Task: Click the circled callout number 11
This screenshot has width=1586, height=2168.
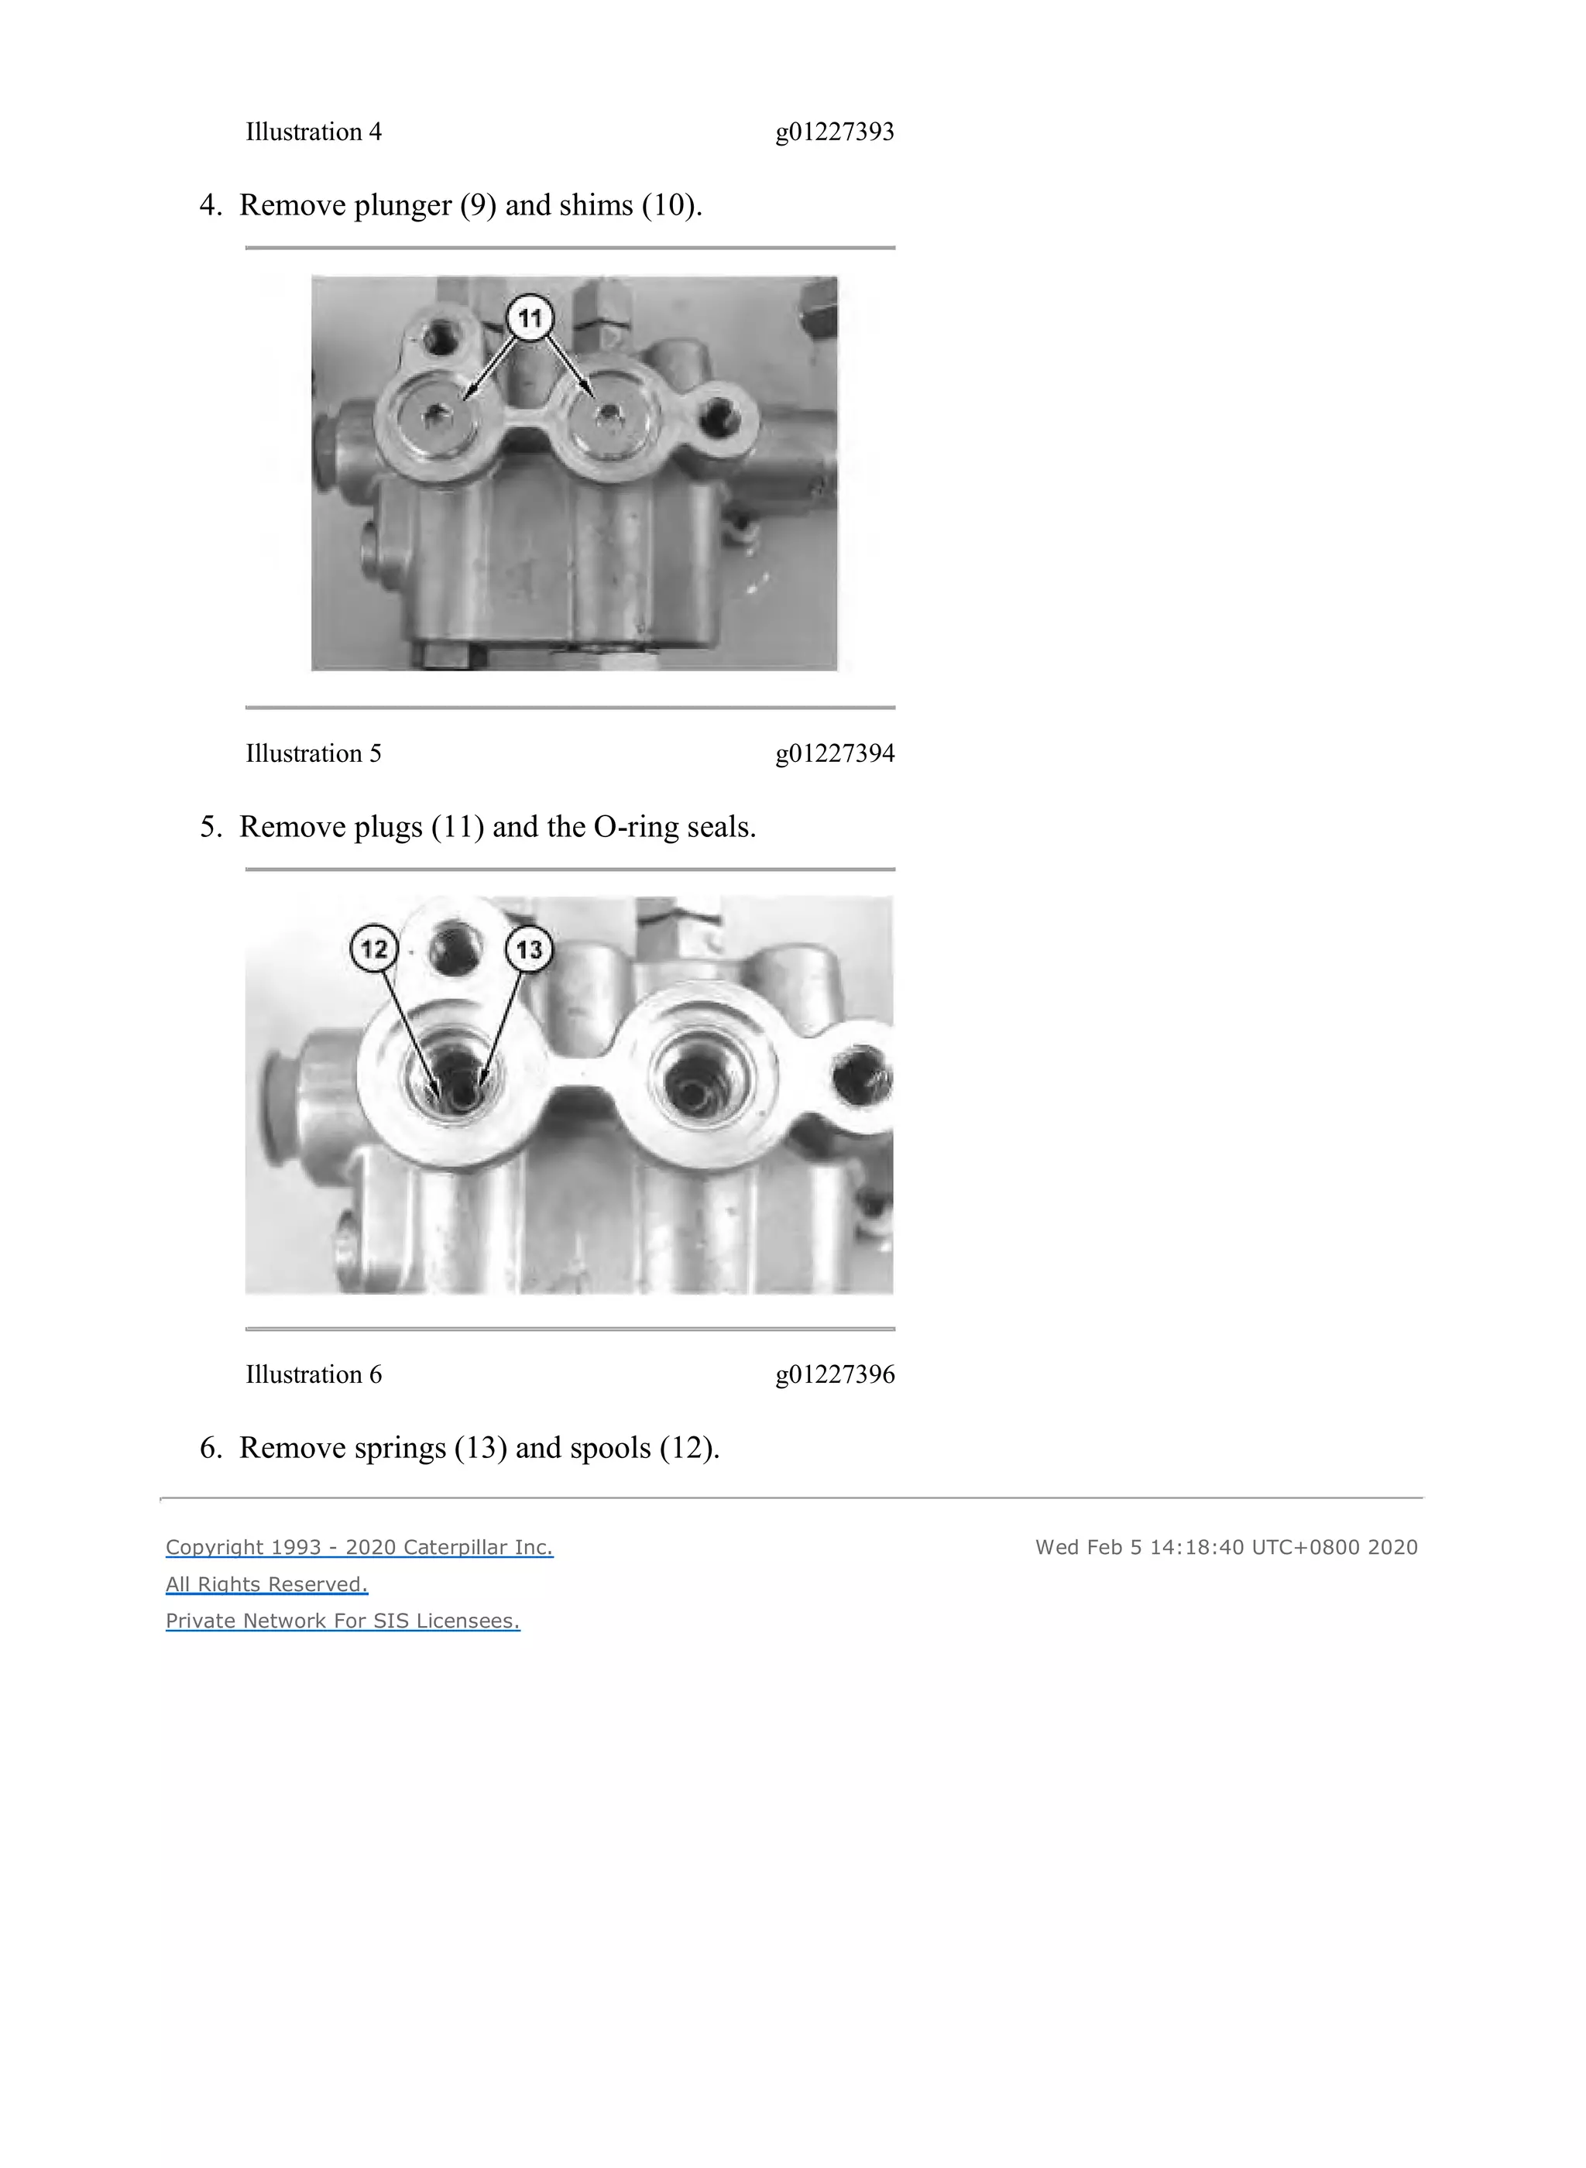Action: click(530, 317)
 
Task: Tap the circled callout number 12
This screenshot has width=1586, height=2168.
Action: click(373, 949)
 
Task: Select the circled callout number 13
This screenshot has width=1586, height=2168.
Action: click(529, 950)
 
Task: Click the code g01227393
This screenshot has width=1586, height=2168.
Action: click(834, 132)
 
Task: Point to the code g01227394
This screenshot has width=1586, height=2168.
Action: click(834, 753)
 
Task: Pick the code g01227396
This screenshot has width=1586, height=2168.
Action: click(834, 1374)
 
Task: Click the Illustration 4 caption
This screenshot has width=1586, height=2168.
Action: click(313, 132)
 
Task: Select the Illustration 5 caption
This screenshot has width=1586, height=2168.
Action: click(313, 753)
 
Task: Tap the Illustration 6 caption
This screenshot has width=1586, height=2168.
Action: click(313, 1374)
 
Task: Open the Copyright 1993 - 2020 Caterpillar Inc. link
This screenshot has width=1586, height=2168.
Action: click(359, 1547)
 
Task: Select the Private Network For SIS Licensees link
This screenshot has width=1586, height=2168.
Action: click(343, 1621)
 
